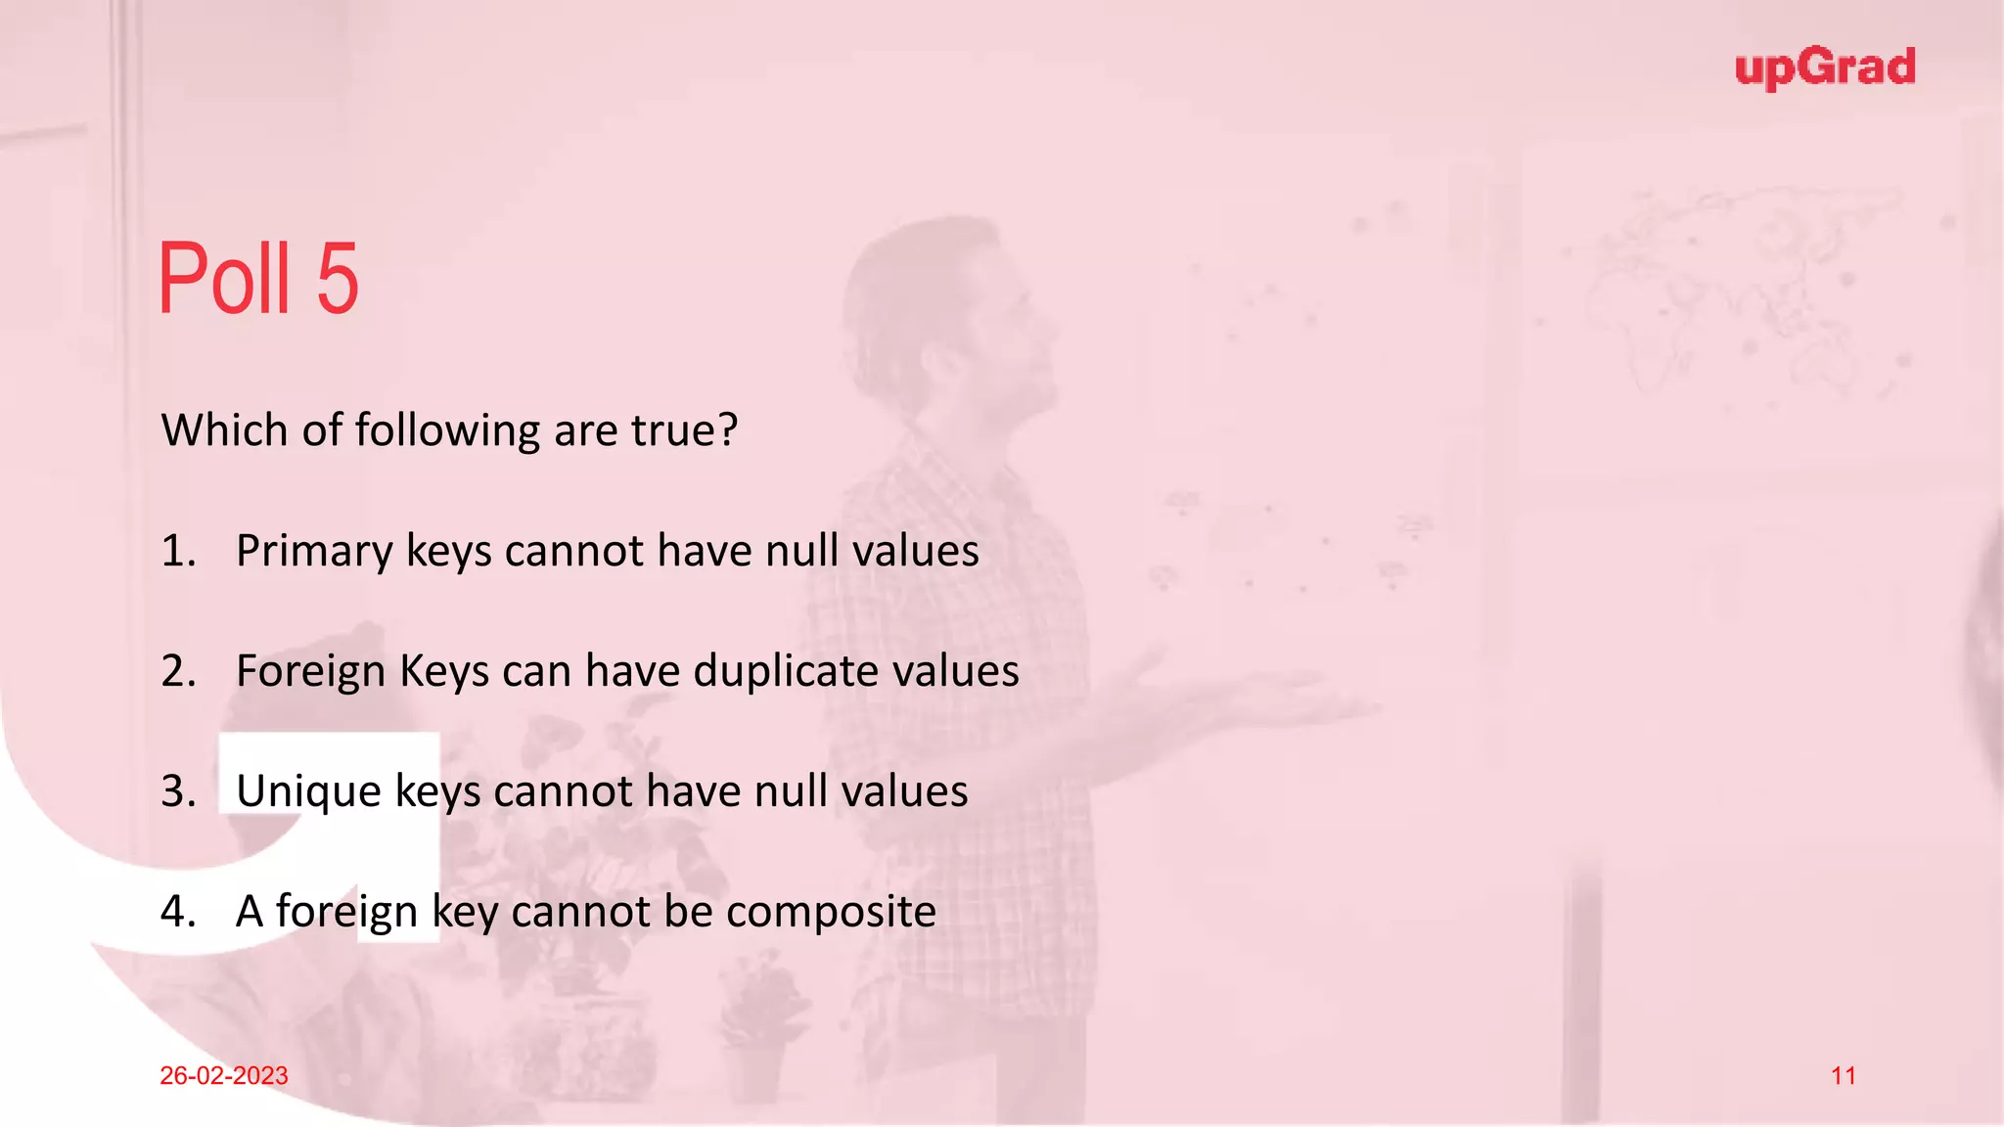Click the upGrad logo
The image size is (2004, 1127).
pos(1825,68)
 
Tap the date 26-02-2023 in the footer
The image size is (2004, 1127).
pos(224,1075)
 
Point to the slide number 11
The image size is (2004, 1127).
pos(1844,1076)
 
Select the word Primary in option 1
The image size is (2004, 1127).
pos(313,552)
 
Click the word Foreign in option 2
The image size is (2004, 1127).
pos(310,672)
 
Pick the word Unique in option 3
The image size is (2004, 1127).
pos(308,792)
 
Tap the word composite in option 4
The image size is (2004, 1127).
pos(831,913)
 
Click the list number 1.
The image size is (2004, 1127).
pos(177,552)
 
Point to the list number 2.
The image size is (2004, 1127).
pos(178,672)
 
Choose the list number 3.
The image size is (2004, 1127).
pos(178,792)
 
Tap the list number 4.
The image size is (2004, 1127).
pos(178,913)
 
